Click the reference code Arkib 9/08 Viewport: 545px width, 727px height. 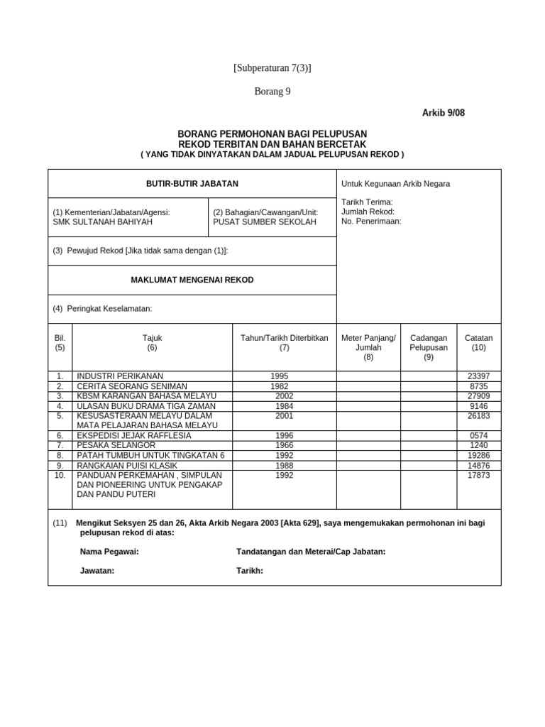(444, 113)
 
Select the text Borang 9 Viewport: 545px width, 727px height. (272, 91)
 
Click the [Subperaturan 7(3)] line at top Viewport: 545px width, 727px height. (272, 68)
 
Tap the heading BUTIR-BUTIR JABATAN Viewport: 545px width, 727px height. (192, 184)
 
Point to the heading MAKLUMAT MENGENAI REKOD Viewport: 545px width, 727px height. (192, 280)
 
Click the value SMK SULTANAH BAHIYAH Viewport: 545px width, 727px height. (103, 222)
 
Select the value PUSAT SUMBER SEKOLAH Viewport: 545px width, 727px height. (265, 222)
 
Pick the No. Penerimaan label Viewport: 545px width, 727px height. (371, 221)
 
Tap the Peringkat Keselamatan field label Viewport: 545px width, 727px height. (103, 308)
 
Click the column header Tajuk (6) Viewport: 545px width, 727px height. (153, 344)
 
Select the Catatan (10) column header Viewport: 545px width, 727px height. (478, 344)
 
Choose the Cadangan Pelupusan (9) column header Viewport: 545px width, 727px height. (429, 344)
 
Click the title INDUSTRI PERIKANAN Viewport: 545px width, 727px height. (120, 376)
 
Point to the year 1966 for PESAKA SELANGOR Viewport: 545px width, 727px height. (284, 445)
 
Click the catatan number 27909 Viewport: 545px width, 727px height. (478, 395)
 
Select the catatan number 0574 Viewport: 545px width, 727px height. (480, 435)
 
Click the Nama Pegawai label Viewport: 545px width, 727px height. (109, 552)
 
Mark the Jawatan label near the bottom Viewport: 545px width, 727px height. (97, 571)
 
